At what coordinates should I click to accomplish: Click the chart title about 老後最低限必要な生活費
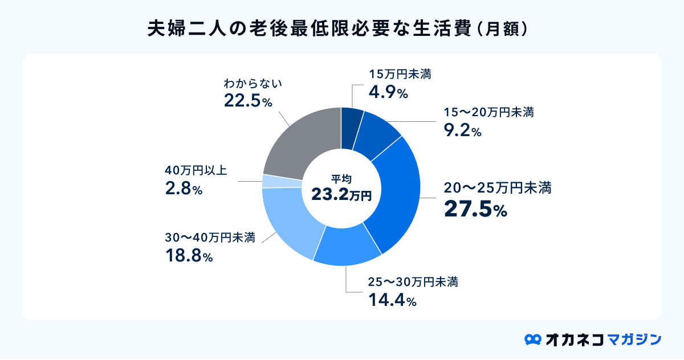pos(341,29)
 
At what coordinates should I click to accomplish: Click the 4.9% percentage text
pos(388,92)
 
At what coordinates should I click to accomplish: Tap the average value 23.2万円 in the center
pos(341,195)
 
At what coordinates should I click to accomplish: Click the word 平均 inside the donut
pos(341,178)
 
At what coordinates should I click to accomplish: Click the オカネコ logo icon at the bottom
pos(532,339)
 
